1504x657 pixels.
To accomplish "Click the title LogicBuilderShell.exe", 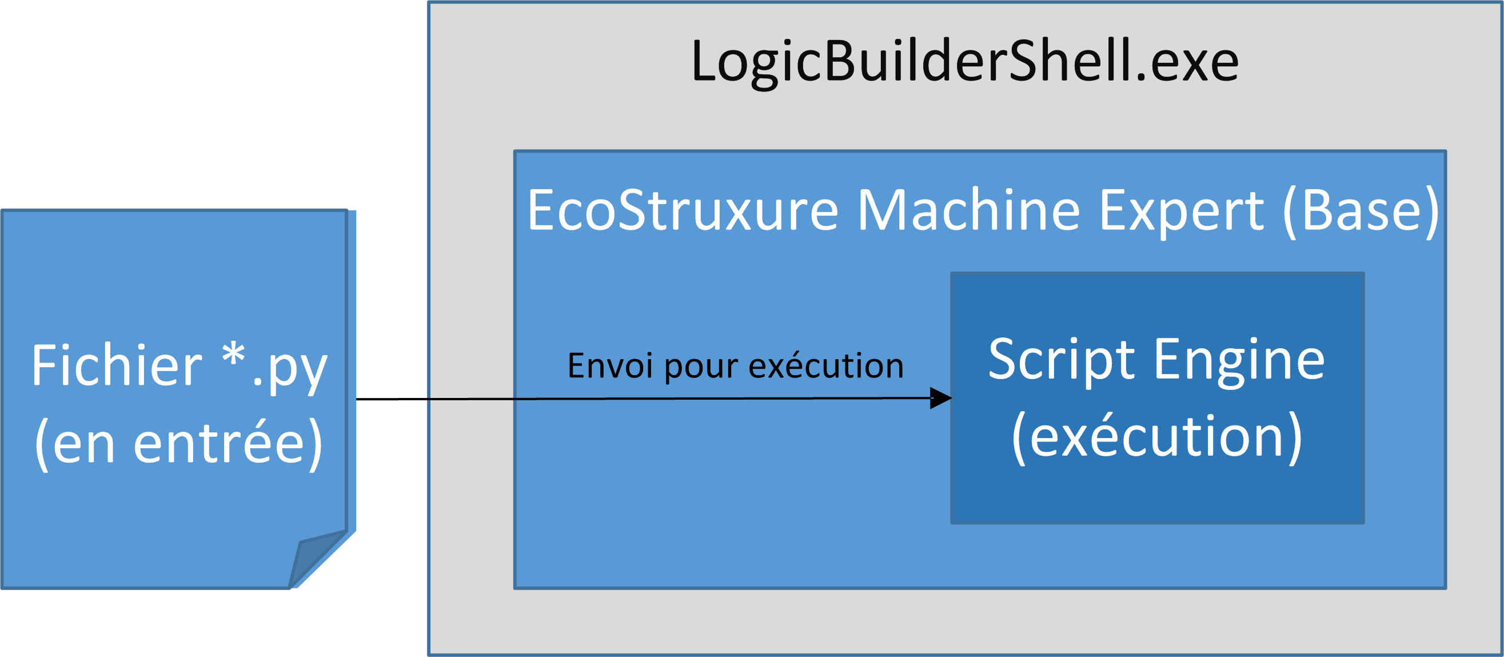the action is (964, 62).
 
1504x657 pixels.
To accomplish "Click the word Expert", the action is (1180, 214).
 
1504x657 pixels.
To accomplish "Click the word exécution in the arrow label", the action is (826, 365).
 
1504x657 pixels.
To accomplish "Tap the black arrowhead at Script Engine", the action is (940, 399).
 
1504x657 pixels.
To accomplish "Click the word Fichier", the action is (117, 365).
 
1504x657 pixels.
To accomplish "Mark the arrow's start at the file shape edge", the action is (356, 400).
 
